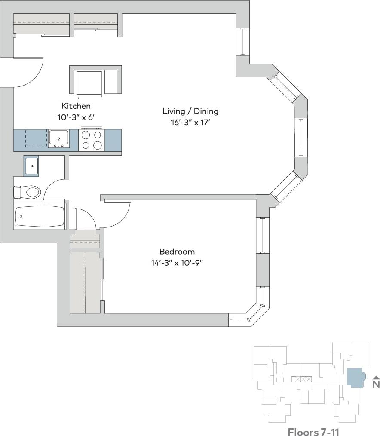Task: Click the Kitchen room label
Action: [x=76, y=106]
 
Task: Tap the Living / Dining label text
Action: [x=190, y=111]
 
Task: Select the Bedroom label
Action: [x=177, y=252]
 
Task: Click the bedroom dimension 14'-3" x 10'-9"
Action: [x=177, y=263]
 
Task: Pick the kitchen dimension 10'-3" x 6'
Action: [x=76, y=117]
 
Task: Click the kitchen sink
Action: [x=58, y=139]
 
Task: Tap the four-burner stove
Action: [x=92, y=140]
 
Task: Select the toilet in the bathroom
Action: [x=28, y=192]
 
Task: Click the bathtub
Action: [x=40, y=216]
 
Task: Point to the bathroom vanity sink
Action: [x=31, y=166]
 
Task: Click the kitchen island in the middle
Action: [x=95, y=80]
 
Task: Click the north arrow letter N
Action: [x=376, y=384]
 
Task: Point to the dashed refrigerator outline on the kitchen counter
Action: [x=35, y=138]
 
